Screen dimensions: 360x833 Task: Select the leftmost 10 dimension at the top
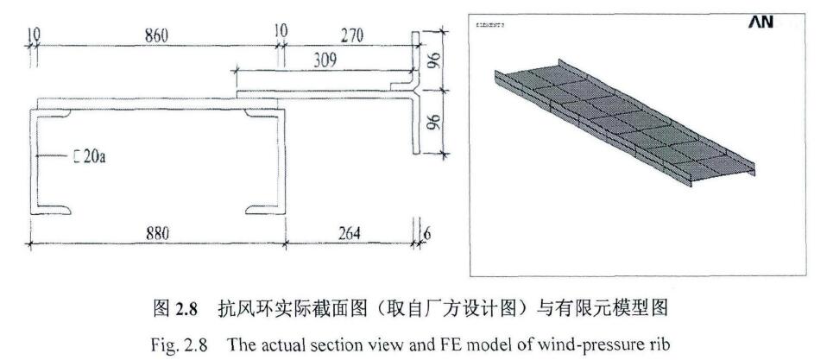pos(33,35)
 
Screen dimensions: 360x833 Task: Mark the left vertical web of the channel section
pos(36,161)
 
